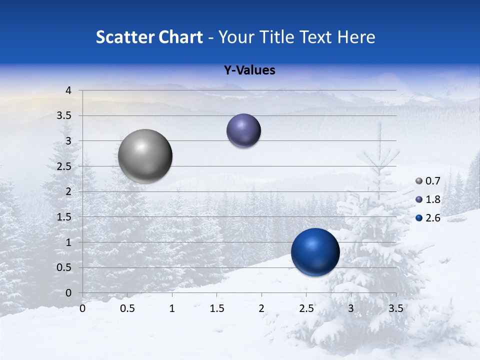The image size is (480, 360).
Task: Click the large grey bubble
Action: coord(145,156)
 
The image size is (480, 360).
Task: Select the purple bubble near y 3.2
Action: coord(243,131)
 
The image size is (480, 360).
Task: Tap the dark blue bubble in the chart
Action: coord(315,252)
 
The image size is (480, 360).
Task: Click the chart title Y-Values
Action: coord(249,70)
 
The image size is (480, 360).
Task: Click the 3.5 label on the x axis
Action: coord(395,308)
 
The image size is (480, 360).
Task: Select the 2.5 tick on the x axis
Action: coord(306,308)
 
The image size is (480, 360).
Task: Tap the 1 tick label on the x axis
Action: coord(172,308)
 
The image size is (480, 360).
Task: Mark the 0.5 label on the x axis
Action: coord(127,308)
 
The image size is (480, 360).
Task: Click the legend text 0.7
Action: coord(432,181)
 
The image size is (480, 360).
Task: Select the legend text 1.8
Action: coord(432,199)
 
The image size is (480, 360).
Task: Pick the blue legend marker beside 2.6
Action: coord(419,218)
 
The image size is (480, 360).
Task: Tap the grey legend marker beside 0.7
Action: coord(419,181)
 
